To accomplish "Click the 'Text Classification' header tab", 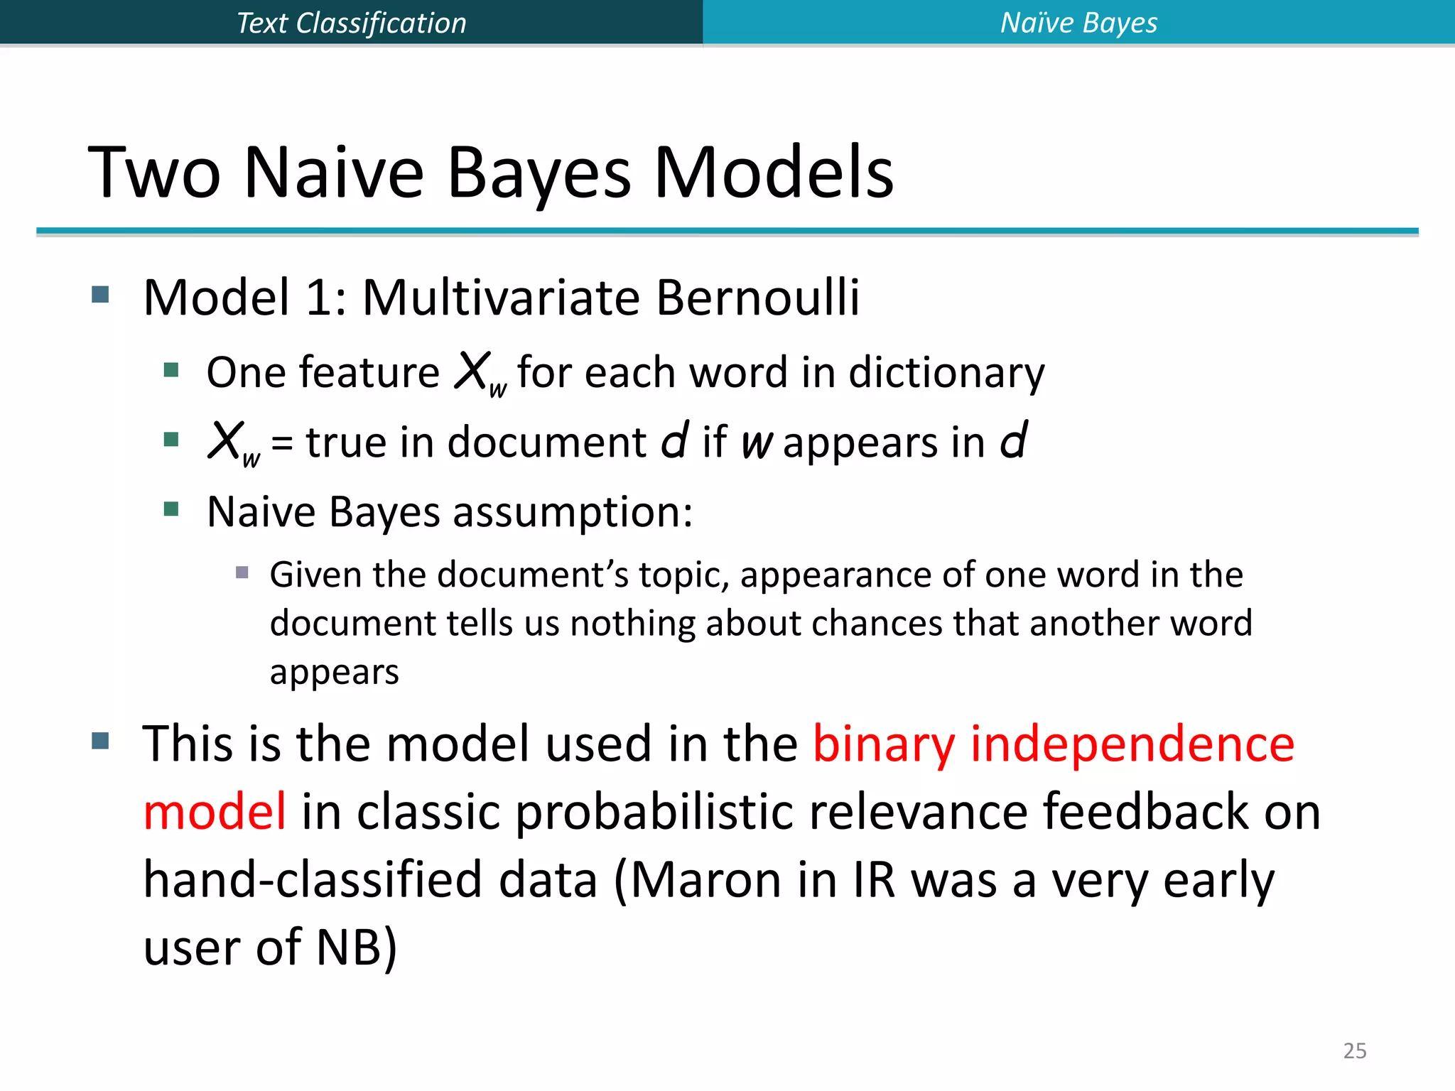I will (351, 23).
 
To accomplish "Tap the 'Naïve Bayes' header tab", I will (1078, 23).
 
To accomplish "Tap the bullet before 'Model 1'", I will (101, 294).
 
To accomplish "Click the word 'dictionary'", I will (946, 372).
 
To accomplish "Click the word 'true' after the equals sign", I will (346, 442).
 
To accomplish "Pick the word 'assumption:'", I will (573, 511).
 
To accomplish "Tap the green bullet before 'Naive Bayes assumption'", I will (171, 509).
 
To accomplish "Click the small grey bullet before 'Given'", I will (242, 572).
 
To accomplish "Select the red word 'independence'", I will (1132, 744).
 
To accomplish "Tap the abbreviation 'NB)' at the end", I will (356, 948).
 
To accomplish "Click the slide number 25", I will (1354, 1051).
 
